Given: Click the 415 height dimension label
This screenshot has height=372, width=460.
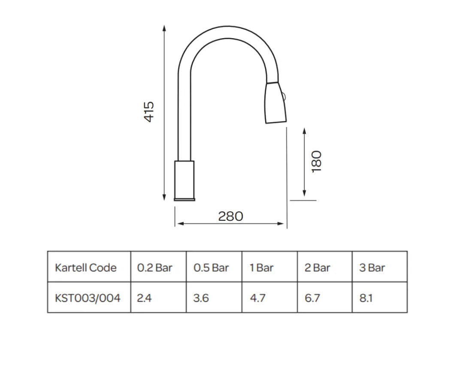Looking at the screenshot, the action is pos(149,111).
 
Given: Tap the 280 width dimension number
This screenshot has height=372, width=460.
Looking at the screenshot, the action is pos(230,216).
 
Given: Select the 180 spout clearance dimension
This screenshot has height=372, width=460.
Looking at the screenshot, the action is pos(317,162).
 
